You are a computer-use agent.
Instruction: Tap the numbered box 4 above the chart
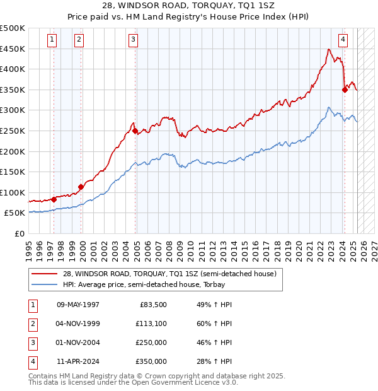343,40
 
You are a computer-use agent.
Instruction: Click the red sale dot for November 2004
135,131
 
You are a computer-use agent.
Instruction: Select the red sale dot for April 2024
345,90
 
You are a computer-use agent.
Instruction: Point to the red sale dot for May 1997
54,199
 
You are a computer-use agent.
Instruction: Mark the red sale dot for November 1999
81,187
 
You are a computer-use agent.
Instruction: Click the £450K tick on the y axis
13,49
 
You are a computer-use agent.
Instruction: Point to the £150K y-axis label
13,172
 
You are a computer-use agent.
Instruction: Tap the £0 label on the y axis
20,233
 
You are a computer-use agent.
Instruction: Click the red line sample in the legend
43,274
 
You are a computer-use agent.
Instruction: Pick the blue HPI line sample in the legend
43,285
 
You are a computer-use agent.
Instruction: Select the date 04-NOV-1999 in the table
78,324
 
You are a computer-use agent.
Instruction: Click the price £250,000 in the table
151,343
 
